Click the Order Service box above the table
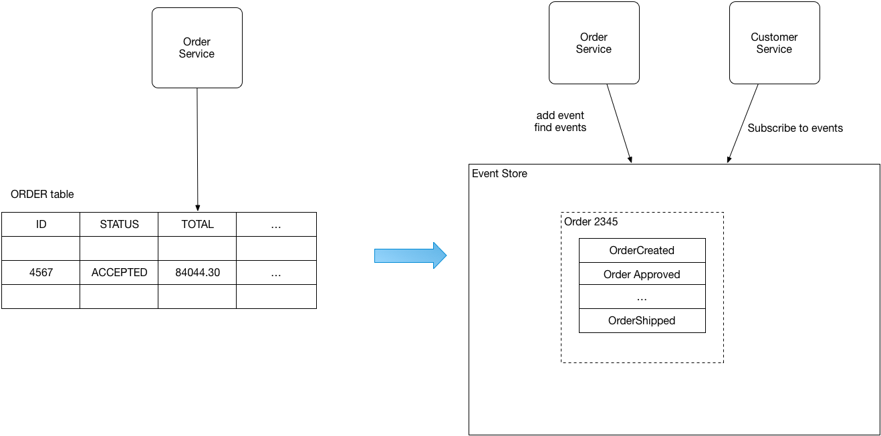pos(197,48)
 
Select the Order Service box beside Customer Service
pos(594,43)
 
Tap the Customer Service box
pos(774,43)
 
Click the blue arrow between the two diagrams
pos(410,255)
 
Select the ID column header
pos(41,225)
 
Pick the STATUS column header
pos(119,225)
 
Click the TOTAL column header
pos(197,225)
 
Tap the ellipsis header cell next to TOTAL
pos(276,225)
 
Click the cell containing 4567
pos(41,273)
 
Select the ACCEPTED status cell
pos(119,273)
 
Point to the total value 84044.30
pos(197,273)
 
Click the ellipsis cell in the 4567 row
pos(276,273)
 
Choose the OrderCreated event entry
pos(642,251)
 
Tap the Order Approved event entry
pos(642,274)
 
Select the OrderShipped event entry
pos(642,321)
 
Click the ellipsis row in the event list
pos(642,297)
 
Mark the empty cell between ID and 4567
pos(41,249)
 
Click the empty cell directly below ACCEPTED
pos(119,296)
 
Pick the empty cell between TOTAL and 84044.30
pos(197,249)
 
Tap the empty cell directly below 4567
pos(41,296)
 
